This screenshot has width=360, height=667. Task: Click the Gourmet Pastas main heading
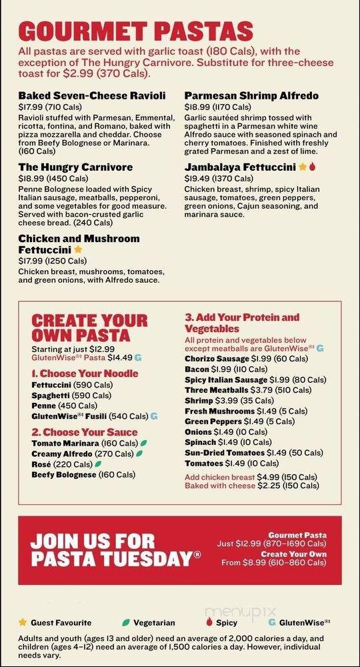point(136,31)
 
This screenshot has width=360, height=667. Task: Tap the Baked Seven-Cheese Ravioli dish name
point(92,96)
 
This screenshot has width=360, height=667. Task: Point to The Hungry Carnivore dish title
point(75,167)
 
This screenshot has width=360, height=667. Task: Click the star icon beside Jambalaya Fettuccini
point(302,167)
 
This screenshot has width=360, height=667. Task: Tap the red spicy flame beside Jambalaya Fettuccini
point(311,167)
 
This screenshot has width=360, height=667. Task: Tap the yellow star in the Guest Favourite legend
point(23,622)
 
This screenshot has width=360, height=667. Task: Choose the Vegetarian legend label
point(154,623)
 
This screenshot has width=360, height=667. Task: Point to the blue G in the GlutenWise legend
point(271,622)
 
